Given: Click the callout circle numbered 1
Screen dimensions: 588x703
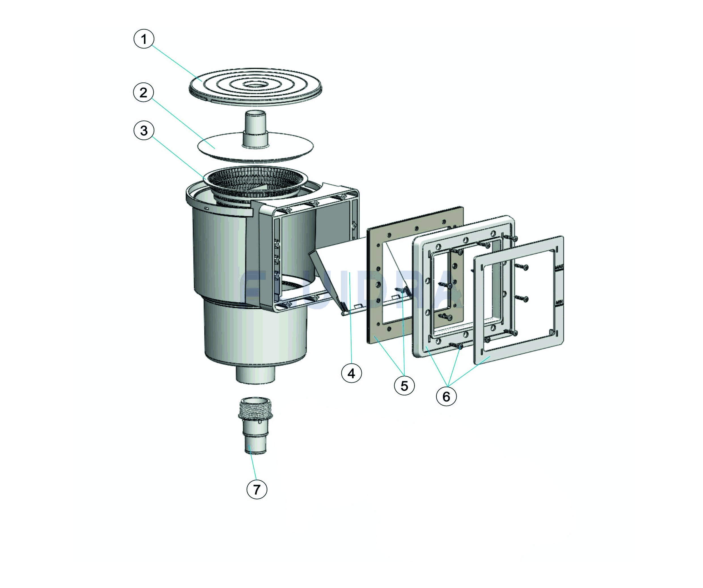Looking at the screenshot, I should tap(144, 39).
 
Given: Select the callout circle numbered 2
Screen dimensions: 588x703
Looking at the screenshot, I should tap(143, 92).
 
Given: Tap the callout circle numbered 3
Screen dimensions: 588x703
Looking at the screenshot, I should tap(144, 131).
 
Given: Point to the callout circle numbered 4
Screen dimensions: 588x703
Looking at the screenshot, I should tap(351, 373).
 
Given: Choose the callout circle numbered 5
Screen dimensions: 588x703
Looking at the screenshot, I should tap(404, 386).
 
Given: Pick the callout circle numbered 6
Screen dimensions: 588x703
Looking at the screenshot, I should tap(446, 396).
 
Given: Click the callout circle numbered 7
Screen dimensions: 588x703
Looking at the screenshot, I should tap(257, 490).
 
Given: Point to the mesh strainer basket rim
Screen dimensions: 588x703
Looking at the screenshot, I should tap(256, 174).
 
